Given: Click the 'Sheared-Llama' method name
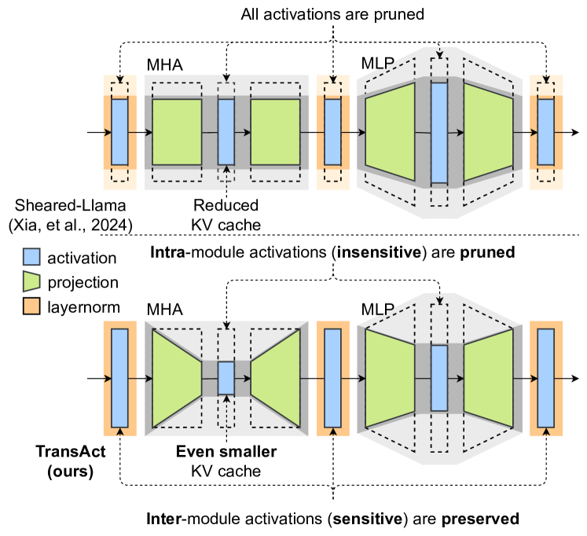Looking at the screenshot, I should click(48, 207).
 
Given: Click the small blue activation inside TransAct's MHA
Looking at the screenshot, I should click(226, 378).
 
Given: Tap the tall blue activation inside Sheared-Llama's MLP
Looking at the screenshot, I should click(439, 133).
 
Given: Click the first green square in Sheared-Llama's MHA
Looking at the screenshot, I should click(177, 132).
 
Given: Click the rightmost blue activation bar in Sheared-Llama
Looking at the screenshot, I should click(546, 132).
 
